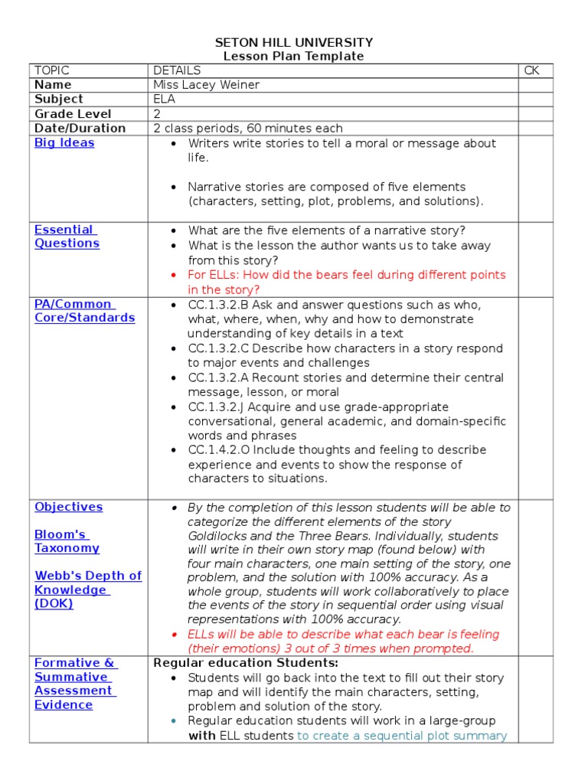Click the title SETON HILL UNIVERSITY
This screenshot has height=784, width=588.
[294, 43]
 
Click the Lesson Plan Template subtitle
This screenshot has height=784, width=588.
[294, 57]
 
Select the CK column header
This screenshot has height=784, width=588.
[531, 70]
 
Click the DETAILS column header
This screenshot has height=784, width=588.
[177, 70]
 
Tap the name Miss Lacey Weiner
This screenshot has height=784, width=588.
[206, 85]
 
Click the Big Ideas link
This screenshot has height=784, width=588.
[64, 143]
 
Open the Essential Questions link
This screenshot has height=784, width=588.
[67, 237]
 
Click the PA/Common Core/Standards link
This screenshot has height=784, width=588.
[84, 311]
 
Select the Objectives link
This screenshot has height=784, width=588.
[68, 507]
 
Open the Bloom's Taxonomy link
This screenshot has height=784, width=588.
[67, 541]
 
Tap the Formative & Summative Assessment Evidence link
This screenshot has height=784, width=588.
[74, 684]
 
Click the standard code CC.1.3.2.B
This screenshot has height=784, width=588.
[220, 305]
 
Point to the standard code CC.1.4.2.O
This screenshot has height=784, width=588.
[221, 450]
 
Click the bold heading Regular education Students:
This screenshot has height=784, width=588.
[246, 663]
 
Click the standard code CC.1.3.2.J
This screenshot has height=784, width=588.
[219, 407]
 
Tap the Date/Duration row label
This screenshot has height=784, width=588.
[80, 129]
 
